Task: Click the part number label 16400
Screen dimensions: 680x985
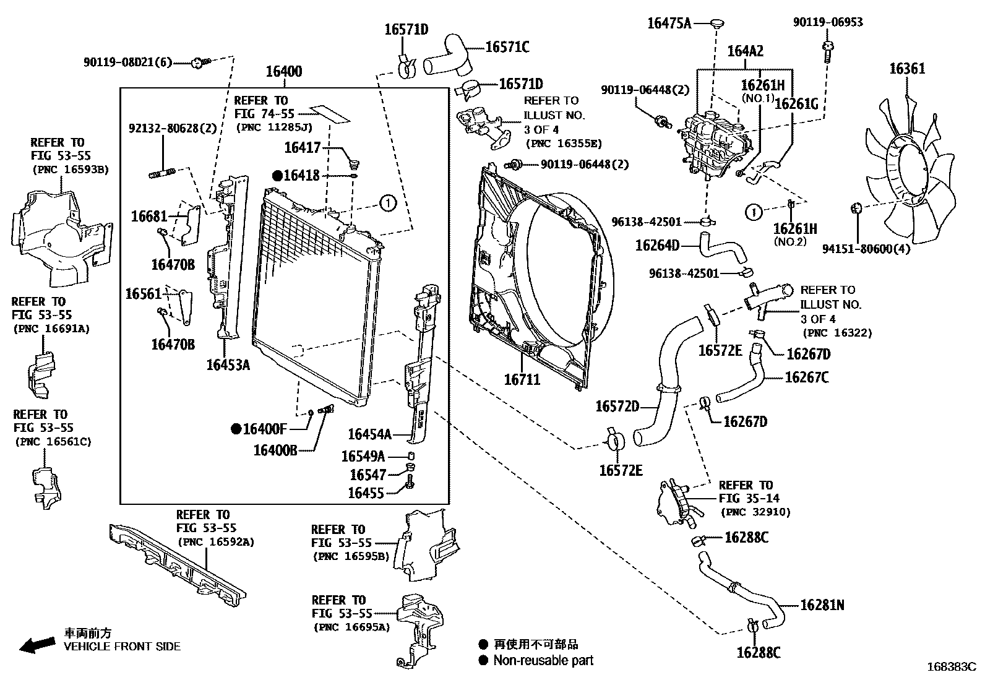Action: pos(284,72)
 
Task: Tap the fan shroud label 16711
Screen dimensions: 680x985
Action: pos(522,379)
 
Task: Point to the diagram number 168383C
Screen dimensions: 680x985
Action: pos(950,667)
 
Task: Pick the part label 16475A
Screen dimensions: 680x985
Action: pos(669,24)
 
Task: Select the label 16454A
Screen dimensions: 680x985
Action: pos(369,434)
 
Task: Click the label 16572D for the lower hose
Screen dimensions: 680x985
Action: pos(617,407)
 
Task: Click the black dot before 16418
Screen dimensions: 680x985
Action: pos(277,176)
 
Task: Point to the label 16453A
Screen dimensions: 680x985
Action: pos(228,365)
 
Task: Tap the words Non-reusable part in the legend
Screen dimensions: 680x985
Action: pos(543,660)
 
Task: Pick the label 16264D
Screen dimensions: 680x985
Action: pos(657,246)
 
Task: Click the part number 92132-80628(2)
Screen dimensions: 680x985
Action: pos(173,129)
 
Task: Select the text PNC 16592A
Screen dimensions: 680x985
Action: pos(216,542)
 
